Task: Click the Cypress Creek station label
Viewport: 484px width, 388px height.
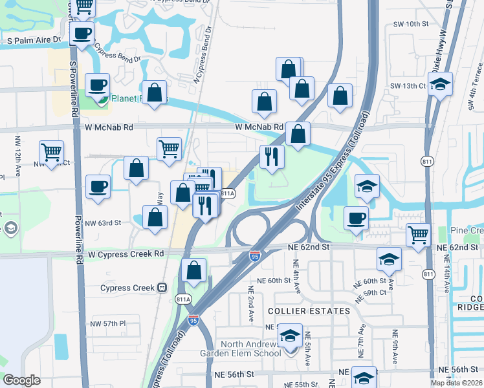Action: tap(127, 288)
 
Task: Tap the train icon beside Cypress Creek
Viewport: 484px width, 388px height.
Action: tap(162, 288)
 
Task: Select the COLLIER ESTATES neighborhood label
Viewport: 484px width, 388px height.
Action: tap(309, 311)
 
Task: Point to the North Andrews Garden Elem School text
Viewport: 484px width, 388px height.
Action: tap(250, 349)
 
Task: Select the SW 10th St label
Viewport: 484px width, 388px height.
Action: tap(411, 24)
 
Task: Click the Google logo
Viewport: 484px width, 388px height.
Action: tap(21, 380)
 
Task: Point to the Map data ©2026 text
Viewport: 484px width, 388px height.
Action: tap(457, 383)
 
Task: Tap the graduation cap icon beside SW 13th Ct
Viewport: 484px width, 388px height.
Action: tap(440, 84)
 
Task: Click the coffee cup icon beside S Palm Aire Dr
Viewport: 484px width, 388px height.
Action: tap(82, 34)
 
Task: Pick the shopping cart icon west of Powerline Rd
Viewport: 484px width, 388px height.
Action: tap(51, 152)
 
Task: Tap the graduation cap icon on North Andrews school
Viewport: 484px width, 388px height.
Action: tap(291, 335)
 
